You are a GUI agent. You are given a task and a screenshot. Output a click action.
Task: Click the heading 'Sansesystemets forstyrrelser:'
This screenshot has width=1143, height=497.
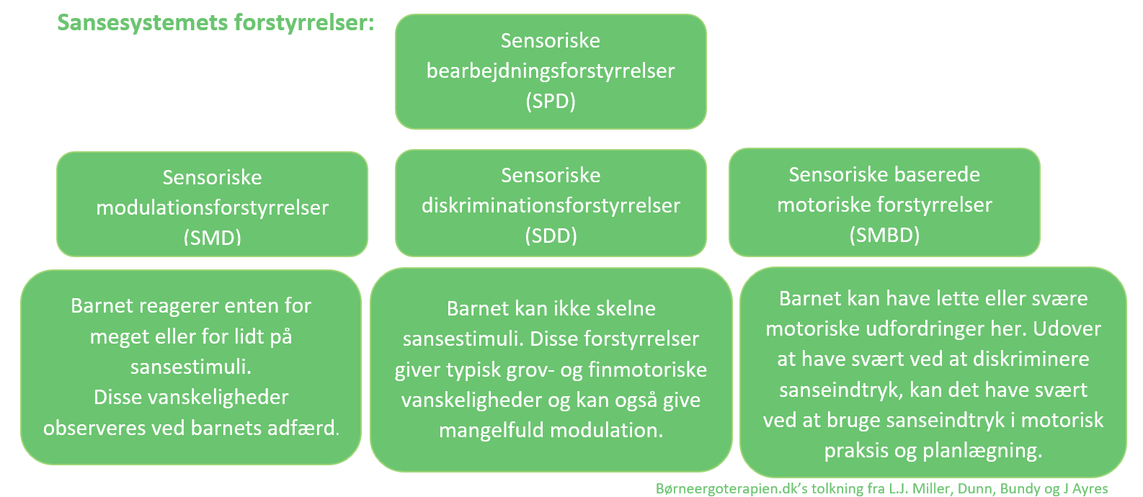[215, 22]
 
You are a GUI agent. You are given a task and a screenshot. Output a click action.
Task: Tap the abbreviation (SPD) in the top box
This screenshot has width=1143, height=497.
[551, 101]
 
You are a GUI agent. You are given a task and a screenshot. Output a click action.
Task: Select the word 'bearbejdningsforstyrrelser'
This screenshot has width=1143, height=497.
[551, 71]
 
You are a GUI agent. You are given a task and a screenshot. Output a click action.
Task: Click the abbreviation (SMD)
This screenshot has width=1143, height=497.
[212, 237]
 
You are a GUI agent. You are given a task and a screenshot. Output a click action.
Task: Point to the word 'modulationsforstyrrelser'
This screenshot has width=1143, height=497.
[212, 207]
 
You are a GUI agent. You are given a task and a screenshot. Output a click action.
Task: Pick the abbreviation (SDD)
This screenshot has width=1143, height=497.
[551, 236]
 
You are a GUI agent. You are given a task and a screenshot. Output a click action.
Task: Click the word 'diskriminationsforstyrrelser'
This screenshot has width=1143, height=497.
[551, 205]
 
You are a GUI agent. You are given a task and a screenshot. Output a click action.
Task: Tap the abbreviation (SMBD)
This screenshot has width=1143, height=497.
[884, 235]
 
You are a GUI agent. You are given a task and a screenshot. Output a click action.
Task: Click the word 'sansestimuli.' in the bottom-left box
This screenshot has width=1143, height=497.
[191, 367]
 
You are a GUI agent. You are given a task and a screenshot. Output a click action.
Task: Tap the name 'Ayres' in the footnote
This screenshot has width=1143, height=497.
[1090, 488]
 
